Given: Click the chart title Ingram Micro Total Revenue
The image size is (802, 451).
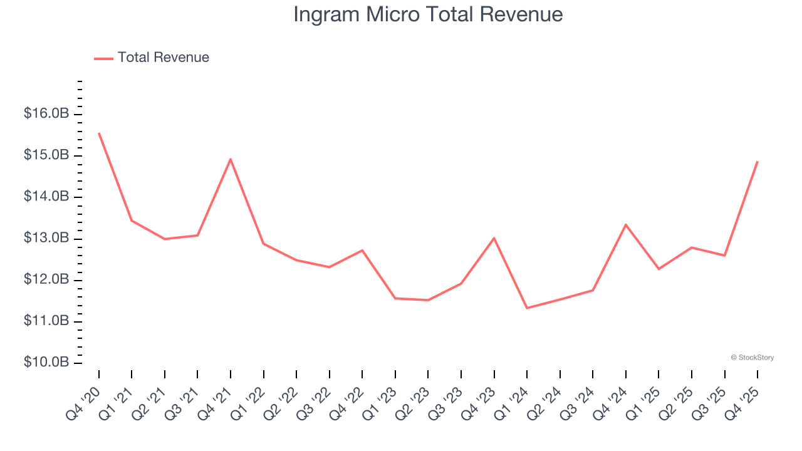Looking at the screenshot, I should (x=428, y=14).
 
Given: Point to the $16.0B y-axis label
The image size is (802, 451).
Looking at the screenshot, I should (x=46, y=114).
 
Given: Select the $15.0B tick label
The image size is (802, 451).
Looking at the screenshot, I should (x=46, y=155).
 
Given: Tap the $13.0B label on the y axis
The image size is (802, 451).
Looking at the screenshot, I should (x=46, y=239).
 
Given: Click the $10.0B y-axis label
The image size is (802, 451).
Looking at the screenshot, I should (x=46, y=363).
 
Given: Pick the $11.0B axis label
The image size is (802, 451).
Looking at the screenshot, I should (x=46, y=321).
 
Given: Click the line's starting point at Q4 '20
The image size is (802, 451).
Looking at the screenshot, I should (x=99, y=133).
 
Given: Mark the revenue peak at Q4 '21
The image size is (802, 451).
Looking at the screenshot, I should (x=231, y=159).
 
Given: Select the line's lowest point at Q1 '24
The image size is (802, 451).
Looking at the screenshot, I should (x=527, y=308).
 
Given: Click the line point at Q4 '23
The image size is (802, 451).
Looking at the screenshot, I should (x=494, y=238).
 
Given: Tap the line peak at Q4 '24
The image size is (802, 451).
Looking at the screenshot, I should (x=625, y=224).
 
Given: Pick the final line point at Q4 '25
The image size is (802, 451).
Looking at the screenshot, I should (x=757, y=162).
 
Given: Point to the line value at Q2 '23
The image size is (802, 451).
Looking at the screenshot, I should (x=428, y=300).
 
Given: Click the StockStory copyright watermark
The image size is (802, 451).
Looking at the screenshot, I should (x=752, y=358).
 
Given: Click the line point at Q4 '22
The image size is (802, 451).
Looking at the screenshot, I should (x=362, y=251).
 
